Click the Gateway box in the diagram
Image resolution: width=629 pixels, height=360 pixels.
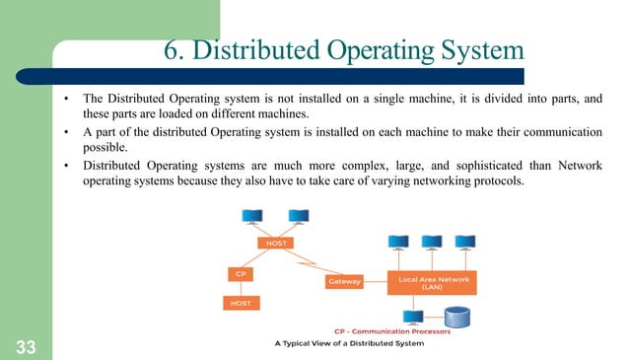click(344, 281)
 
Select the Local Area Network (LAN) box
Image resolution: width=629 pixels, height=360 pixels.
click(433, 281)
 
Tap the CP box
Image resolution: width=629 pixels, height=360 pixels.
click(241, 272)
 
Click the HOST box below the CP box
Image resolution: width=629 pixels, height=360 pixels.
click(241, 303)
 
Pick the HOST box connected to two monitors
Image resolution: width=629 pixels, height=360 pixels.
click(272, 243)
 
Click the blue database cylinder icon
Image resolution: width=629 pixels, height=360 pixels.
click(457, 319)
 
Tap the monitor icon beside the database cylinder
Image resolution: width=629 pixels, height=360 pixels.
click(415, 317)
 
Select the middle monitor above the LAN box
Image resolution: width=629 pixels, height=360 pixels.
click(432, 243)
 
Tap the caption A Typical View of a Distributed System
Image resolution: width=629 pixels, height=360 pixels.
click(349, 343)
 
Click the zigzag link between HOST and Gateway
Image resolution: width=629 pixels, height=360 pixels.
click(309, 263)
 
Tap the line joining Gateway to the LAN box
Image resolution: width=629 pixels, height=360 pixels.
click(376, 281)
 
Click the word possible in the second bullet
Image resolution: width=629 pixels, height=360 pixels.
click(106, 147)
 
